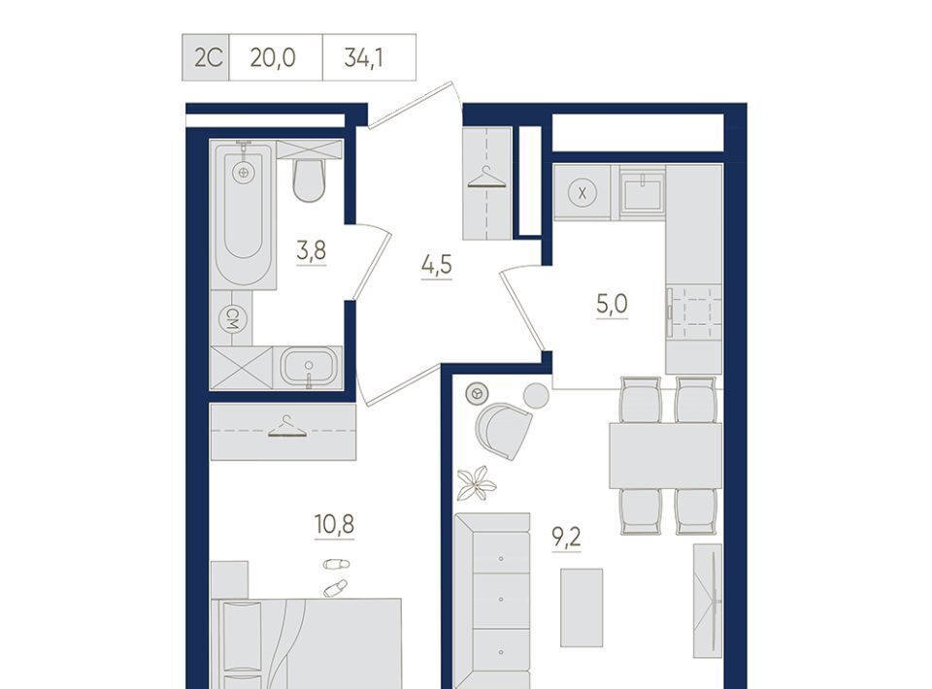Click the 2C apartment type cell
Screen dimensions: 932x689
(205, 57)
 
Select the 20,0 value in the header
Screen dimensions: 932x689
(273, 58)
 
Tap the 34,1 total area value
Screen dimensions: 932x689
(363, 58)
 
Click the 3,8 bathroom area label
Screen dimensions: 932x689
(312, 250)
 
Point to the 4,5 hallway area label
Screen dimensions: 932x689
(436, 265)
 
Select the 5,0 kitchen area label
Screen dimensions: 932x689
(612, 305)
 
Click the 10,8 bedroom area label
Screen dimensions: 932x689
(334, 524)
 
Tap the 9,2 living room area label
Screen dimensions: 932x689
(566, 539)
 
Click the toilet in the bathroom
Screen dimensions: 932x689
(309, 180)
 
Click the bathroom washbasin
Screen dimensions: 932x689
(308, 367)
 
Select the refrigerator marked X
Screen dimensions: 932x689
(582, 193)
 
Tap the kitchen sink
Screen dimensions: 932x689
(642, 192)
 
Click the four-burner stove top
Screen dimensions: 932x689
(693, 312)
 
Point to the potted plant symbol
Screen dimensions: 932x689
(476, 482)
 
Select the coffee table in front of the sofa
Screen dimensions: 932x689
(582, 607)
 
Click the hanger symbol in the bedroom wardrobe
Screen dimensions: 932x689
(286, 426)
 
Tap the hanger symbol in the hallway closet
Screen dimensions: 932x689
(486, 178)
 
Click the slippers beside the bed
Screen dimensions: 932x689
(335, 575)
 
